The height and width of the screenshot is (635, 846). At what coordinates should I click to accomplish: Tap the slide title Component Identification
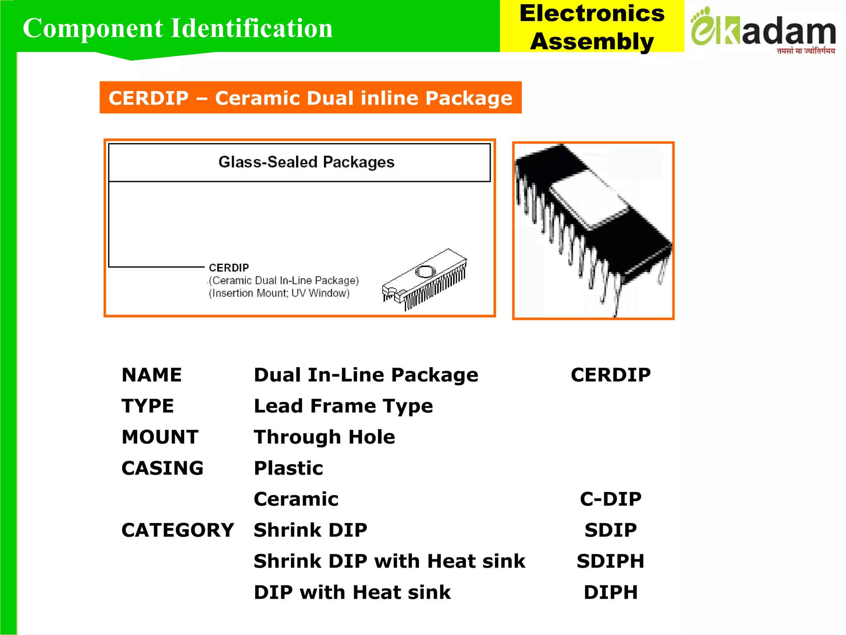[x=178, y=28]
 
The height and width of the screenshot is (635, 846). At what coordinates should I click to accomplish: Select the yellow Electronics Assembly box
[x=592, y=26]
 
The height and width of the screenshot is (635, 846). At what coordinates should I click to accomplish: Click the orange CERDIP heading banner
[x=310, y=98]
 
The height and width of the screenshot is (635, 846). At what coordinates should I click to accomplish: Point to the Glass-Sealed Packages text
[x=306, y=162]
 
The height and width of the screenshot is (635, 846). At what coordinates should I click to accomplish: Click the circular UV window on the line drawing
[x=425, y=272]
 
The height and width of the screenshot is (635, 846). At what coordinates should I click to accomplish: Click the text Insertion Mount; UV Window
[x=279, y=293]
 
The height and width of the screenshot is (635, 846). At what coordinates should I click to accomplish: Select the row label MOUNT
[x=160, y=437]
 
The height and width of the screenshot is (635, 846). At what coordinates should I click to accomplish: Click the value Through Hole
[x=324, y=437]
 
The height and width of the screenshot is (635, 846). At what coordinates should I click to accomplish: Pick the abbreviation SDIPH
[x=610, y=561]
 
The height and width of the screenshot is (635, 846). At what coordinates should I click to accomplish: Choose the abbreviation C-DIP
[x=610, y=499]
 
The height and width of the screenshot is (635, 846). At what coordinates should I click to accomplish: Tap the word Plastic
[x=288, y=468]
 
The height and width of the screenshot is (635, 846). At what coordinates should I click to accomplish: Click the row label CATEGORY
[x=178, y=530]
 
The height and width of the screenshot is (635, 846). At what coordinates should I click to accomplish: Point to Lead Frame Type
[x=343, y=406]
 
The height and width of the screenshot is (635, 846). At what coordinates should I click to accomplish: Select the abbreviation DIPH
[x=610, y=592]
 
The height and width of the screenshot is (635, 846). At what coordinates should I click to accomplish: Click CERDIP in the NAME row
[x=610, y=375]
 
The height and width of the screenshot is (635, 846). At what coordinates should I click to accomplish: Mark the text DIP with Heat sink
[x=352, y=592]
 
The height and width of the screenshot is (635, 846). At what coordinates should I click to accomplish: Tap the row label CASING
[x=162, y=468]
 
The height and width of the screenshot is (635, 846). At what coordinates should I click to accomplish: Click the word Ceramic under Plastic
[x=296, y=499]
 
